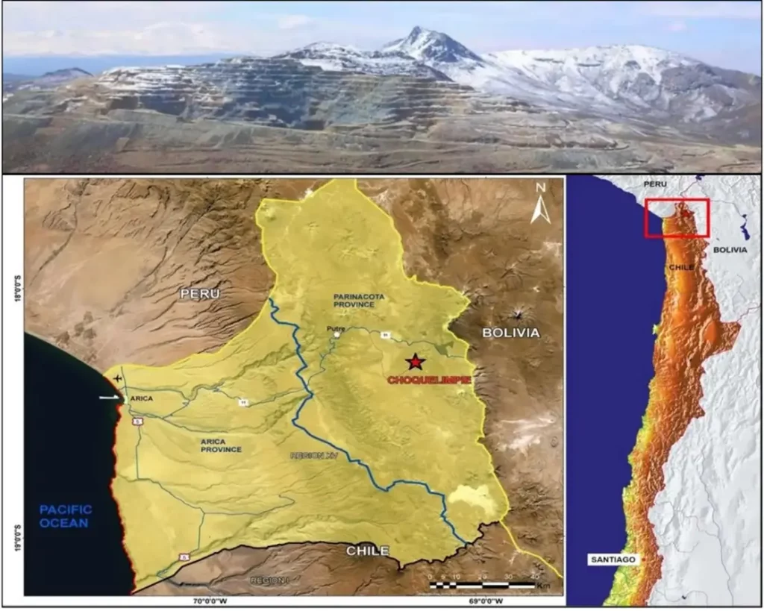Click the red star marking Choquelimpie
pos(415,363)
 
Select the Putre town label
pos(334,328)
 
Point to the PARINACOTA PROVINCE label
pos(359,301)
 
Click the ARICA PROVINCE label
pos(222,445)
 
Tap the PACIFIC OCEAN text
pos(66,516)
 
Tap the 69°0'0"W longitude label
pos(483,601)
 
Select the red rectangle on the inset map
pos(677,218)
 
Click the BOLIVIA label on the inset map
pos(730,250)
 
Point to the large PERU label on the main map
pos(200,294)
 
